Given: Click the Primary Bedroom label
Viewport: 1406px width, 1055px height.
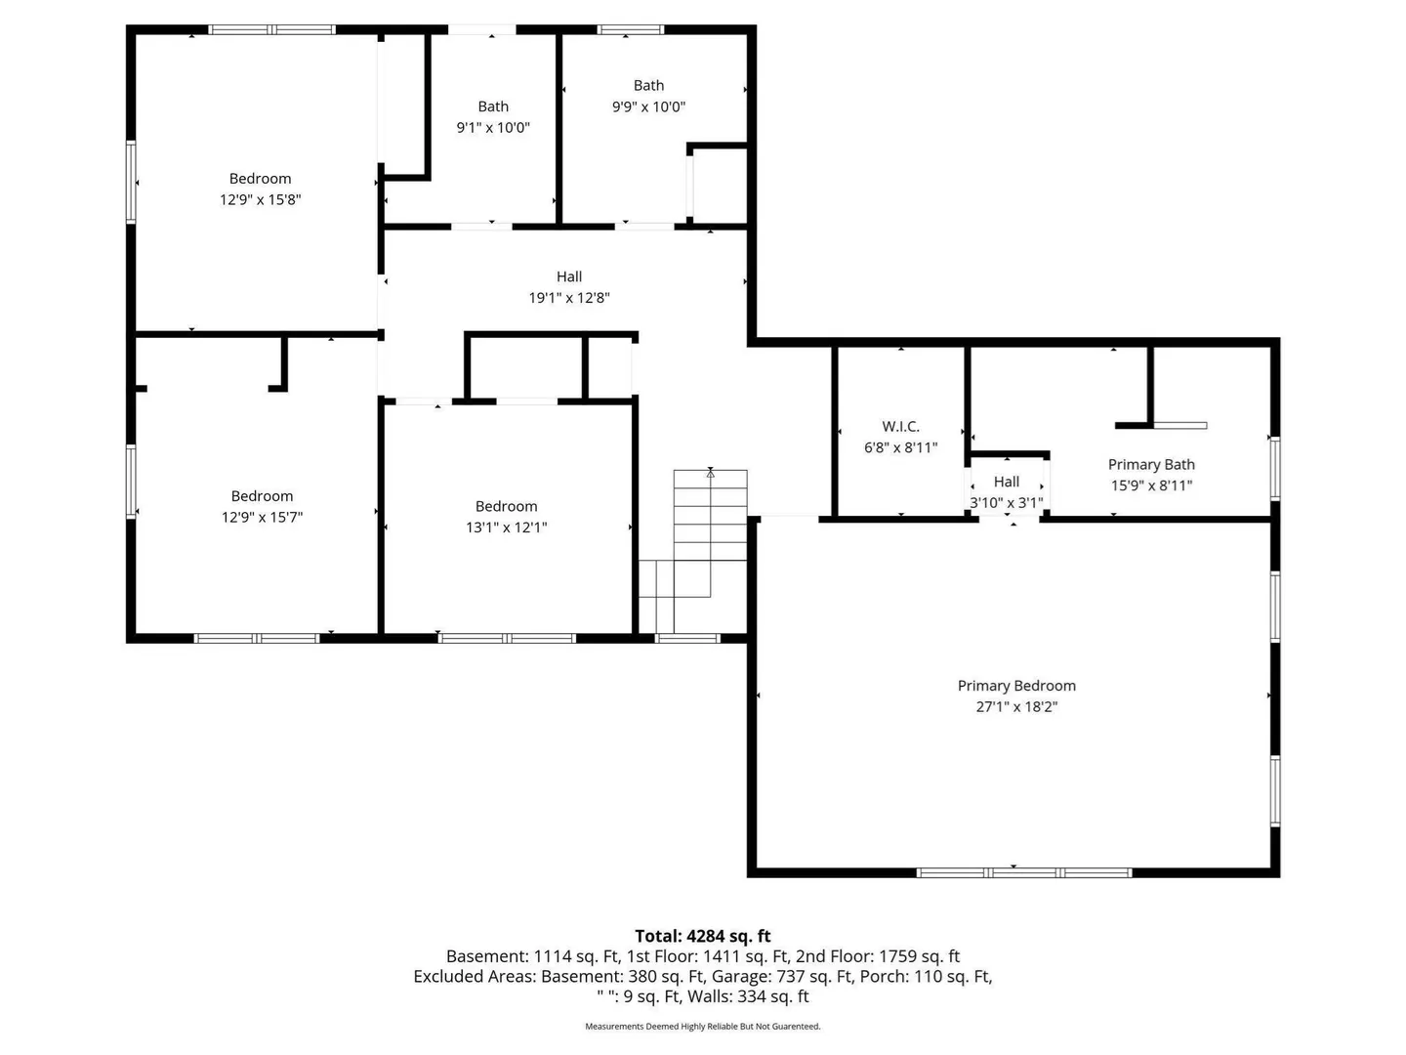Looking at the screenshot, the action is (x=1015, y=686).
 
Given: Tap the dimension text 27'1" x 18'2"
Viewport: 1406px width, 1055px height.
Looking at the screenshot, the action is (x=1015, y=706).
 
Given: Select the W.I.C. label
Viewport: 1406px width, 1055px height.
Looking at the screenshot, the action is (x=900, y=426).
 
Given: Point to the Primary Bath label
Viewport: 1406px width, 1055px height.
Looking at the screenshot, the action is (x=1151, y=464).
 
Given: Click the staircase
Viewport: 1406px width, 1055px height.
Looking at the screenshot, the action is (x=693, y=552).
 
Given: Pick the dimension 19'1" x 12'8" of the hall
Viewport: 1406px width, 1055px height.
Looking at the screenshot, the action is (x=569, y=297).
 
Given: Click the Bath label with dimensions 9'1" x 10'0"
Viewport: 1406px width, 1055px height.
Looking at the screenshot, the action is (x=492, y=106).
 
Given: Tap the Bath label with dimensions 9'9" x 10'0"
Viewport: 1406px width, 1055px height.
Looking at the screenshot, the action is (x=648, y=85).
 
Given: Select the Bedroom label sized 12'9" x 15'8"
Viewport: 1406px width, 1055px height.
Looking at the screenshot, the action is (x=260, y=178).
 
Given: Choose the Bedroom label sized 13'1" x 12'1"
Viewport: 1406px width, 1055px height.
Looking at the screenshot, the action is (x=506, y=506).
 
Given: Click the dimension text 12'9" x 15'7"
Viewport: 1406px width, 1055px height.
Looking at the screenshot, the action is (x=262, y=517).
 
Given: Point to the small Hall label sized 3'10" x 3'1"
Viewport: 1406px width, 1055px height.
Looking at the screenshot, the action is (x=1007, y=481).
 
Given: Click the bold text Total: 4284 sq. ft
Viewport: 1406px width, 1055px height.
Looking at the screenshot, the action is (x=703, y=936).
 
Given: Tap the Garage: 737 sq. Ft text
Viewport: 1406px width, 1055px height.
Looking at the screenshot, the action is (x=813, y=976).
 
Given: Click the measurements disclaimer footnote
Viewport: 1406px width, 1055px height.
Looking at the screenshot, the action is (x=703, y=1026).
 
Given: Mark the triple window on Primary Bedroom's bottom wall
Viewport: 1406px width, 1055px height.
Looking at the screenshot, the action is (x=1023, y=872).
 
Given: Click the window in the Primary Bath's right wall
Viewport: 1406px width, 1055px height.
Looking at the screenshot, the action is (x=1275, y=468).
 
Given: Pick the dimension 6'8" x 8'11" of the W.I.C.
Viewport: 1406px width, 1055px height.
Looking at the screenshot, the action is (x=900, y=447).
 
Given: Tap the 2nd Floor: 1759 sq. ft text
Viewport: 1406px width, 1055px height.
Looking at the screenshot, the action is (x=878, y=956).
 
